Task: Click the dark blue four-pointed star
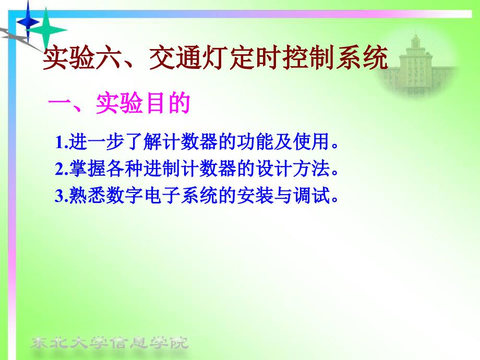[x=28, y=22]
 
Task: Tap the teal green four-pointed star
[x=46, y=30]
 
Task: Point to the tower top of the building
[x=415, y=37]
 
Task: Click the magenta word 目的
[x=167, y=103]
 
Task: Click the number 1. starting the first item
[x=61, y=142]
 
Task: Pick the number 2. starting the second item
[x=61, y=169]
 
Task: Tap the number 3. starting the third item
[x=61, y=195]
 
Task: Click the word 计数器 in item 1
[x=190, y=142]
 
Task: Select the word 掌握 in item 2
[x=87, y=169]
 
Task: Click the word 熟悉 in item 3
[x=87, y=195]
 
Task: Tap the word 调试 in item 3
[x=311, y=195]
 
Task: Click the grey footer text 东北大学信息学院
[x=109, y=343]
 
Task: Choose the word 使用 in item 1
[x=311, y=142]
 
